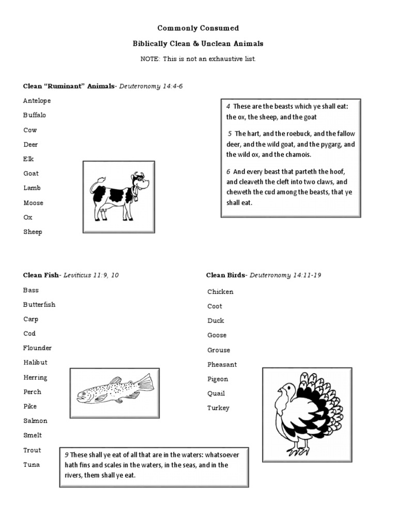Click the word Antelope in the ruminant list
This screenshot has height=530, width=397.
37,100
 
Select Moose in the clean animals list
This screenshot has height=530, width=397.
33,203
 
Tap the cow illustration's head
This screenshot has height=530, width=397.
139,182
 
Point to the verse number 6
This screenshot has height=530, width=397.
228,171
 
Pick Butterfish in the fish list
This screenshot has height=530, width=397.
39,304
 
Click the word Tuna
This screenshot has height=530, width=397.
31,464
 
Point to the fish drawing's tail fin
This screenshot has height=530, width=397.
146,384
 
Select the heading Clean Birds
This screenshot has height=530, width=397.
226,275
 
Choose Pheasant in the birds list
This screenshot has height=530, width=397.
222,364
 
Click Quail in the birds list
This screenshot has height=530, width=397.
216,393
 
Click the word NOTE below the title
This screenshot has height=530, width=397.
150,59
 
